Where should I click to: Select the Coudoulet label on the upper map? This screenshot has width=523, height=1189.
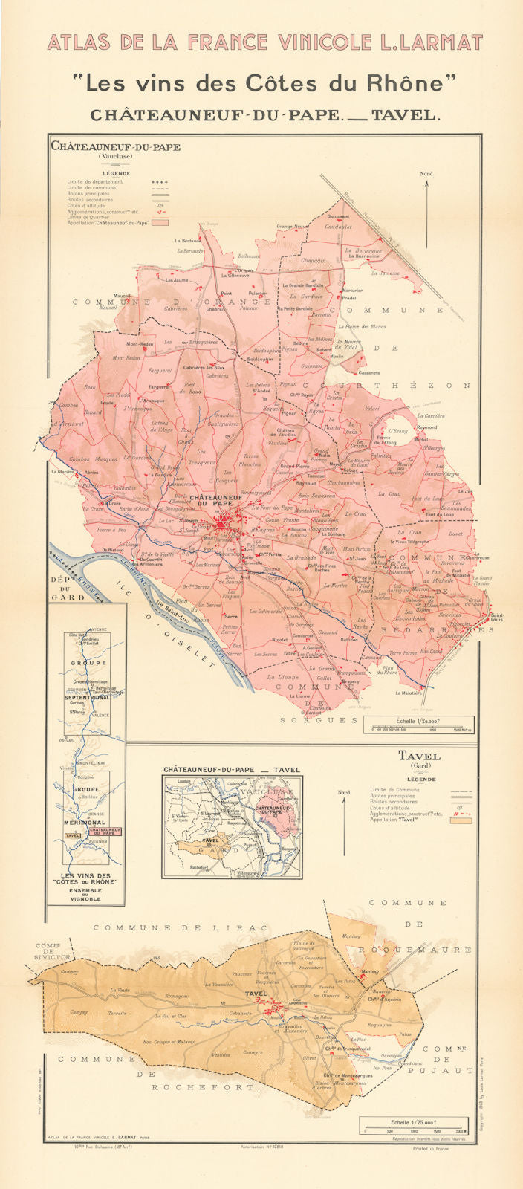tap(338, 227)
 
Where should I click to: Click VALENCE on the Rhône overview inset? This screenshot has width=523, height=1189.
tap(100, 716)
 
